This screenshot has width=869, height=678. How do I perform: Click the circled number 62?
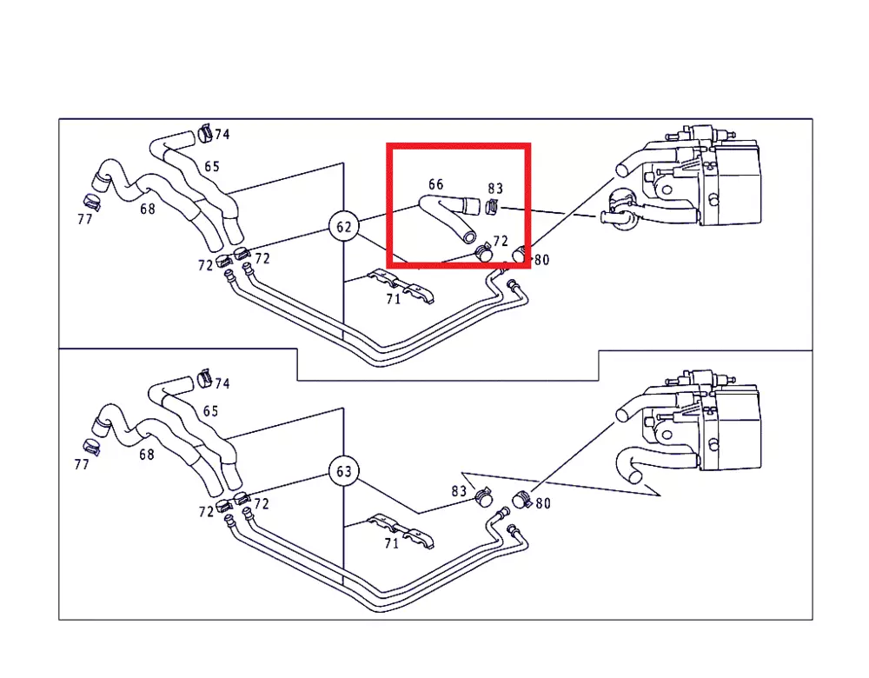coord(343,227)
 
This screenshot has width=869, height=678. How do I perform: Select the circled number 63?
coord(343,471)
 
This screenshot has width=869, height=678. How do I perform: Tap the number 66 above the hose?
coord(435,184)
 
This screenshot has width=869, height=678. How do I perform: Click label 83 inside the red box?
coord(495,189)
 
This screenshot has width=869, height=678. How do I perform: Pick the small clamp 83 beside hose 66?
coord(492,206)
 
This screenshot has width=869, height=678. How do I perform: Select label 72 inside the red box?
coord(500,241)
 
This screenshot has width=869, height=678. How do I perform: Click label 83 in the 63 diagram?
coord(459,491)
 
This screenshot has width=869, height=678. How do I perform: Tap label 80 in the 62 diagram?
coord(541,259)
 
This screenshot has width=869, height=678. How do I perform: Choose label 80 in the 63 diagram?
coord(542,503)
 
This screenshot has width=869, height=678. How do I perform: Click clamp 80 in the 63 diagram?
coord(521,500)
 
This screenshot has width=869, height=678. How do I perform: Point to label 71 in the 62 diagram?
coord(393,299)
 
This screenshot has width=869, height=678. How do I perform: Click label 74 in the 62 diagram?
coord(222,134)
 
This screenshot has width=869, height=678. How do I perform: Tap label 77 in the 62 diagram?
coord(85,220)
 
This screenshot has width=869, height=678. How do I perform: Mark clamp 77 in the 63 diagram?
coord(92,447)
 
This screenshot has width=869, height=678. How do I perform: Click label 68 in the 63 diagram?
coord(146,455)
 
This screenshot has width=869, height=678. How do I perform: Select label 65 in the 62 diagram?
coord(212,166)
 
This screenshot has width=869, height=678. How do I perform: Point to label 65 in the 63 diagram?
coord(210,411)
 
